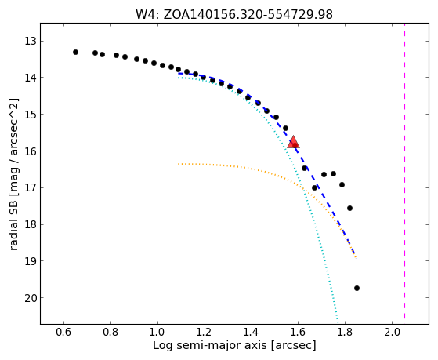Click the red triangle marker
tap(293, 143)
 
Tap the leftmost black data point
tap(75, 52)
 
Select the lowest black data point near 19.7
tap(357, 288)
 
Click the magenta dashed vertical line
tap(404, 173)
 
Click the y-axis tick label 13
tap(31, 42)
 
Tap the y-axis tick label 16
tap(31, 151)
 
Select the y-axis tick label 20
tap(31, 298)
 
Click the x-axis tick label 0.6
tap(63, 333)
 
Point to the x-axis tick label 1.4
tap(251, 333)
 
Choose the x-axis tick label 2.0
tap(392, 333)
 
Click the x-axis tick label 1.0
tap(157, 333)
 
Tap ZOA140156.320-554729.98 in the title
tap(248, 15)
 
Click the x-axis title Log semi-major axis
tap(209, 346)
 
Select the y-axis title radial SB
tap(13, 226)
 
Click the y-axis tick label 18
tap(31, 224)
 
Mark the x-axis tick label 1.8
tap(345, 333)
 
